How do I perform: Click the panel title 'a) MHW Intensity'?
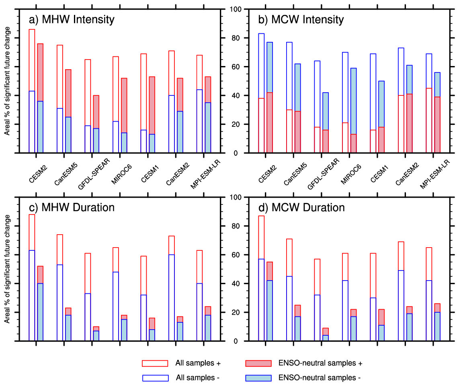click(72, 19)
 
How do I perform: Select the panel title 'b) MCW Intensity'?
click(301, 19)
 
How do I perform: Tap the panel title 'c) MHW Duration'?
click(72, 207)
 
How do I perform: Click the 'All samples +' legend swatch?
click(155, 363)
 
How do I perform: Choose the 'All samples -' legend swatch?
click(155, 378)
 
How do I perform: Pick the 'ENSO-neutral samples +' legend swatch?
click(258, 363)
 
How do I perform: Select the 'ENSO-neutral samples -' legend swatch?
click(258, 378)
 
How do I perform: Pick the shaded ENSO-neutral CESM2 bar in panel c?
click(40, 303)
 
